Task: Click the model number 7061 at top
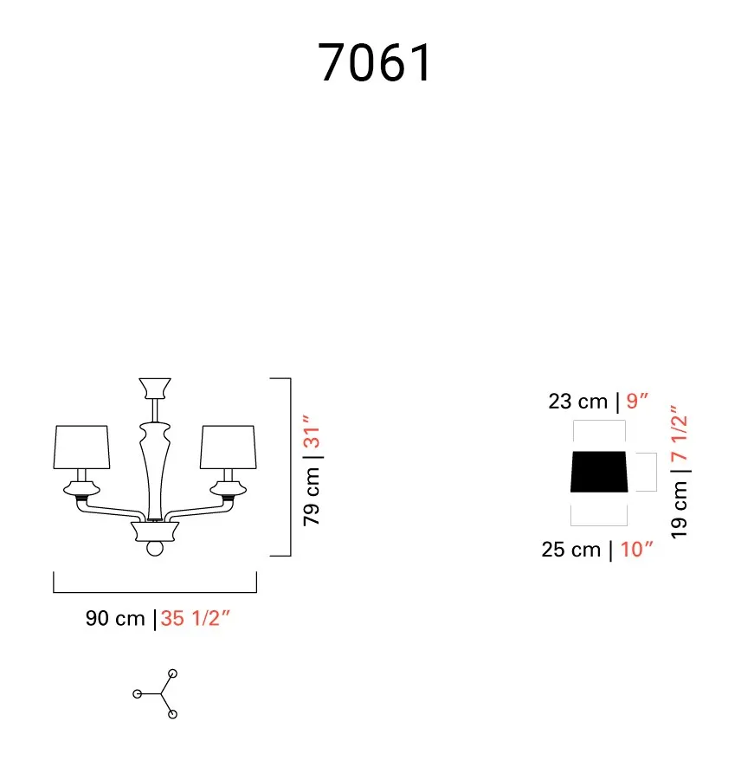click(x=374, y=62)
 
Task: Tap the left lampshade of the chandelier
click(x=81, y=447)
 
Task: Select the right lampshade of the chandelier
click(x=229, y=447)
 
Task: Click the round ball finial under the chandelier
click(x=155, y=549)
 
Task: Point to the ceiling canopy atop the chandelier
click(x=155, y=388)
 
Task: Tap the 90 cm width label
click(x=115, y=619)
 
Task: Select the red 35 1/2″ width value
click(x=195, y=619)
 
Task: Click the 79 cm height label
click(x=312, y=497)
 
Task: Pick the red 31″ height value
click(x=312, y=431)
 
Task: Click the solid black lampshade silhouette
click(x=599, y=472)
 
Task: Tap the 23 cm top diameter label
click(x=578, y=402)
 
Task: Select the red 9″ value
click(x=637, y=401)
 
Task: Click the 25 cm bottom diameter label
click(x=571, y=550)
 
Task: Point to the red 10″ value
click(x=636, y=550)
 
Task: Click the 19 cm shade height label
click(x=679, y=510)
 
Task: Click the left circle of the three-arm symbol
click(x=138, y=694)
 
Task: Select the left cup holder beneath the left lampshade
click(x=81, y=489)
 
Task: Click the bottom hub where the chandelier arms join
click(x=155, y=531)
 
